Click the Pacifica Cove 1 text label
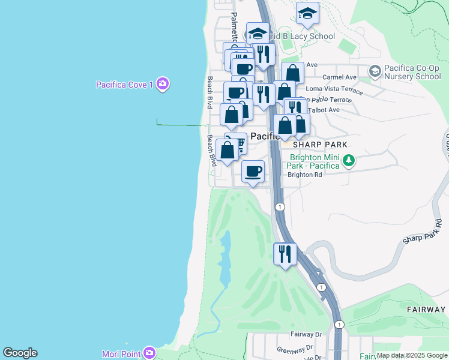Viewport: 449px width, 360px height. [125, 85]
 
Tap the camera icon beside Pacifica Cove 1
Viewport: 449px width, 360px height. [162, 84]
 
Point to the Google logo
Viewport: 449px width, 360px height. [20, 353]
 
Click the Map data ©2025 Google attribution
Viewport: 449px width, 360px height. [412, 355]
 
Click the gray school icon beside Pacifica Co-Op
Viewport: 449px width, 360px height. [375, 72]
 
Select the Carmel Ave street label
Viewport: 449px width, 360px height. [339, 77]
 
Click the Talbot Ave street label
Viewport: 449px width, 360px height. [324, 110]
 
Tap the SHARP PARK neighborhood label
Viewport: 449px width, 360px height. [321, 145]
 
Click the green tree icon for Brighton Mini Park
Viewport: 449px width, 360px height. [348, 161]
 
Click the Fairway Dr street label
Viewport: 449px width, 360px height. [306, 334]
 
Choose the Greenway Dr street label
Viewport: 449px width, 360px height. [295, 348]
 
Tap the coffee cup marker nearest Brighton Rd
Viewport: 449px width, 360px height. [253, 171]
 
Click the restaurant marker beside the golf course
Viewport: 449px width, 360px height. [285, 253]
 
